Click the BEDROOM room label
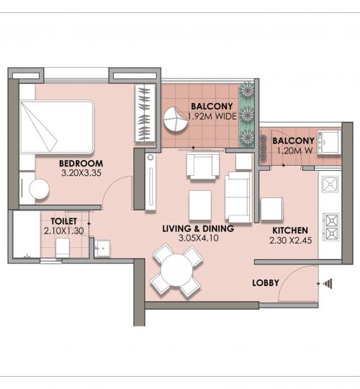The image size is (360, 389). [81, 164]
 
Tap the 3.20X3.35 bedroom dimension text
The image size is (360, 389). [81, 173]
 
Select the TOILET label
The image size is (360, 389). [63, 221]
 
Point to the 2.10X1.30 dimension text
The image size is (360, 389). [64, 231]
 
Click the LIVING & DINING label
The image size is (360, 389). [198, 228]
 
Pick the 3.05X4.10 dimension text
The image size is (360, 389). [199, 238]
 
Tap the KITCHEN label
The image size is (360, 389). [290, 231]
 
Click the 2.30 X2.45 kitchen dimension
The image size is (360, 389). [291, 240]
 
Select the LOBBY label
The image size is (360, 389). [266, 283]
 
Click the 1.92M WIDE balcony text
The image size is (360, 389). [212, 116]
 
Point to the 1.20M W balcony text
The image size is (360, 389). [294, 151]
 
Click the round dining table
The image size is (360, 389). [176, 270]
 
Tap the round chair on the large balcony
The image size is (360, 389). [176, 120]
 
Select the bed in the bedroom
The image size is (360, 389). [57, 127]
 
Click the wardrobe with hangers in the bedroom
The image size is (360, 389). [145, 113]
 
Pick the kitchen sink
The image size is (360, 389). [330, 184]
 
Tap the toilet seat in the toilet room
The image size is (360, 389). [62, 248]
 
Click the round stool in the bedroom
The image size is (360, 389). [39, 189]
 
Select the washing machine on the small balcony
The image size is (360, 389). [328, 143]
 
